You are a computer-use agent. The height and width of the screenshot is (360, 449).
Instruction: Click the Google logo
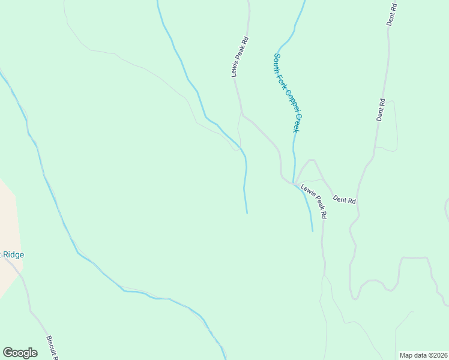pos(20,353)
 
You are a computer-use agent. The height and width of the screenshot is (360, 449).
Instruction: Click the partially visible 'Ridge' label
pos(13,254)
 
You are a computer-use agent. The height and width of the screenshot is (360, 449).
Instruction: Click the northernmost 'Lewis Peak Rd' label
pos(240,57)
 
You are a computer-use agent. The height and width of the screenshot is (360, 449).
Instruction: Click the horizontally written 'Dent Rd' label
pos(344,199)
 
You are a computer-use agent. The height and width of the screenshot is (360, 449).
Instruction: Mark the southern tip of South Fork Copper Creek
pos(313,231)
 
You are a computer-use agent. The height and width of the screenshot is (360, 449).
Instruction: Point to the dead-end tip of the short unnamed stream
pos(247,213)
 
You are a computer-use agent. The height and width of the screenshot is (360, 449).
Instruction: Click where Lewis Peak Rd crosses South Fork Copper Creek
pos(294,183)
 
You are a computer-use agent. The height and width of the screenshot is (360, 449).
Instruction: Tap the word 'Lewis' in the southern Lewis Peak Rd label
pos(307,191)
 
